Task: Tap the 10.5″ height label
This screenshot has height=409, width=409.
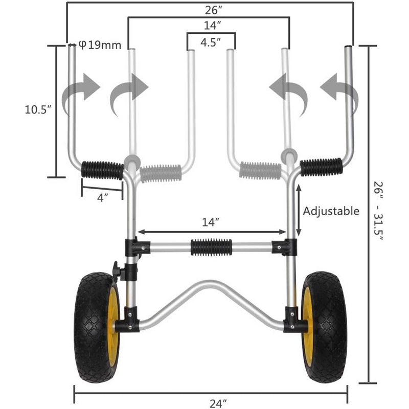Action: pos(39,109)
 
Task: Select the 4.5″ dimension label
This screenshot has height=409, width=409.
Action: pos(210,42)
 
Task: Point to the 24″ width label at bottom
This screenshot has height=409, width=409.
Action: pos(218,403)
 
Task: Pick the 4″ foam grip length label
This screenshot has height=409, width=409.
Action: pos(102,197)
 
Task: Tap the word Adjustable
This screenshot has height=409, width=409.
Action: pos(331,211)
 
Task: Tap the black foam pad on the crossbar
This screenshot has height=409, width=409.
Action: pos(211,247)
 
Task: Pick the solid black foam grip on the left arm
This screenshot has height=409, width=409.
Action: pos(102,168)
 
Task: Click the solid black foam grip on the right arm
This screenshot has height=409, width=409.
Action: pos(321,167)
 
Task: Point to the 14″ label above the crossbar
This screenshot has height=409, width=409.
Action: pos(211,222)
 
